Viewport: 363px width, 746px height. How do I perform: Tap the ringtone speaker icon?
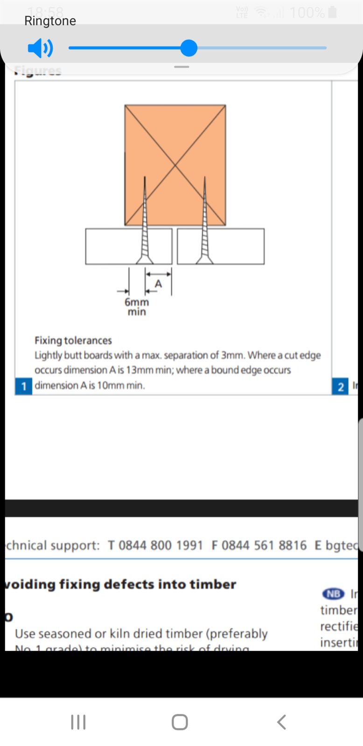tap(40, 48)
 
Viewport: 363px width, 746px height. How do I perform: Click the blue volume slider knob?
tap(188, 48)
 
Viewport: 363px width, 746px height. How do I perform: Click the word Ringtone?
tap(50, 21)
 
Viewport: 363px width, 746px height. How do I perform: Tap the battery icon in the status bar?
tap(333, 12)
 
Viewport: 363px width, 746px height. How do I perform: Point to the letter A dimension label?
tap(158, 283)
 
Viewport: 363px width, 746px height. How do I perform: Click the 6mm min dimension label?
tap(137, 307)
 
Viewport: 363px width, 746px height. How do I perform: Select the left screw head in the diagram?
tap(145, 260)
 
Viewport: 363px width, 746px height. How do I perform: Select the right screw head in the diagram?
tap(204, 260)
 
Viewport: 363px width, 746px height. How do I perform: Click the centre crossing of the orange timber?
tap(175, 165)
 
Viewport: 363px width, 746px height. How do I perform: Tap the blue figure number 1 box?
tap(24, 386)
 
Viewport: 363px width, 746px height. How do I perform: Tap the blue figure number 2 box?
tap(340, 386)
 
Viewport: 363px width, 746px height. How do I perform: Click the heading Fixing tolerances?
tap(73, 340)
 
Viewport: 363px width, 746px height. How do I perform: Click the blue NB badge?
tap(333, 594)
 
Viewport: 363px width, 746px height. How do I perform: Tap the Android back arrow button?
tap(281, 722)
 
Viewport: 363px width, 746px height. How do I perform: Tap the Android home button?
tap(180, 722)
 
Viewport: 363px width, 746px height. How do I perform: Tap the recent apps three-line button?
tap(78, 722)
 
